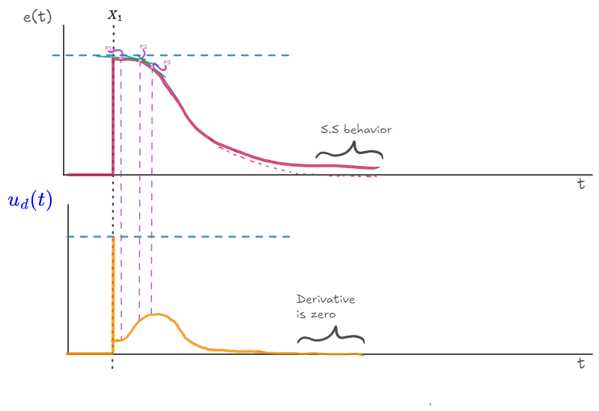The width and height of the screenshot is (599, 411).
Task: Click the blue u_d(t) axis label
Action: click(x=30, y=201)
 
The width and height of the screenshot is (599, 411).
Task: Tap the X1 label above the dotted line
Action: click(x=115, y=14)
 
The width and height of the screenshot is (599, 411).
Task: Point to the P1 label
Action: click(x=108, y=48)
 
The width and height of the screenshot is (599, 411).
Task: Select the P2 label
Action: click(x=143, y=46)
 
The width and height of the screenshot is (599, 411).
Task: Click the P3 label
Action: click(x=167, y=62)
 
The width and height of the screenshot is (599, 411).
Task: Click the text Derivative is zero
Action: click(x=325, y=306)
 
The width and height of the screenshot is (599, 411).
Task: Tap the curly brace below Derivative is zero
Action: click(x=330, y=338)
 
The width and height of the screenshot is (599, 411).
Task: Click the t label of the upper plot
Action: click(x=580, y=185)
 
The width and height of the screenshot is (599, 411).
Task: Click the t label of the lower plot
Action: click(x=580, y=364)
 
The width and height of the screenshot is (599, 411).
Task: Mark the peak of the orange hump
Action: click(x=156, y=315)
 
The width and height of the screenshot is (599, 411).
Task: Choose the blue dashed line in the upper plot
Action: click(x=225, y=55)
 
